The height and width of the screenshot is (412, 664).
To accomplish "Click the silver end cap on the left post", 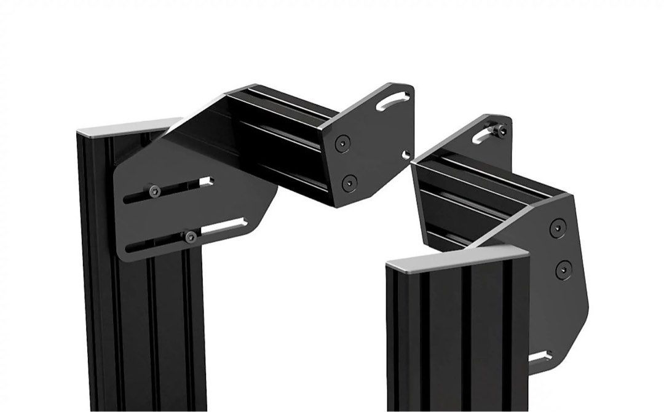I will [126, 129].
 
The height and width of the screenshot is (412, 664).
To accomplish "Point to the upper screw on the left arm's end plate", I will [341, 145].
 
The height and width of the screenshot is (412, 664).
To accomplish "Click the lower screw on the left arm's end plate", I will [349, 181].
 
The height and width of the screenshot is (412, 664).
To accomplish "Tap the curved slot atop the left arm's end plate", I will [393, 100].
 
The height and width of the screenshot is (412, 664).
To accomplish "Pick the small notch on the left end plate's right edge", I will [406, 154].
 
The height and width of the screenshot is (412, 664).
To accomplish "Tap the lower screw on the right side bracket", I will [561, 269].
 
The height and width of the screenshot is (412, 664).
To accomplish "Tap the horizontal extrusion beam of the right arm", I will [480, 197].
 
